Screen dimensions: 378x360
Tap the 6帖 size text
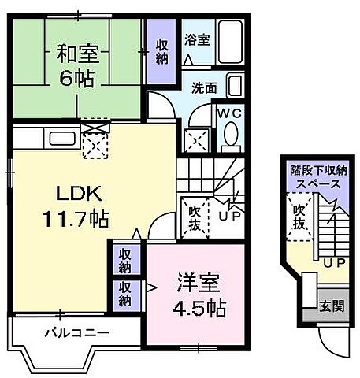[x=76, y=80]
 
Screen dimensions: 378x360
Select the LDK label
[x=71, y=193]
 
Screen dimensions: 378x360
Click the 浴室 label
[x=197, y=39]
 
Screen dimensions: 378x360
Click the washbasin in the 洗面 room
[x=235, y=85]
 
